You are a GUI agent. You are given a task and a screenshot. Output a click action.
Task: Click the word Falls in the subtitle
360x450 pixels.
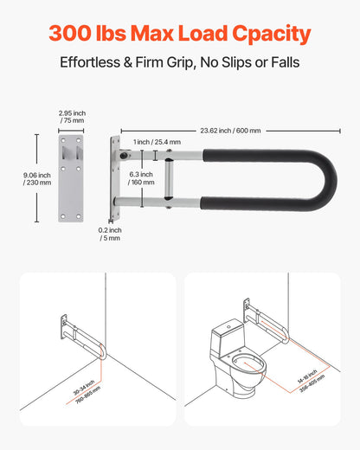coord(282,64)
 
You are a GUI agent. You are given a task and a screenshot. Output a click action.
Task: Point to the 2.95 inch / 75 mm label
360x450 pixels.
coord(72,117)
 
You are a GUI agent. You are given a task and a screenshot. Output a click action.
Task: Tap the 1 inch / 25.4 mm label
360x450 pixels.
coord(157,141)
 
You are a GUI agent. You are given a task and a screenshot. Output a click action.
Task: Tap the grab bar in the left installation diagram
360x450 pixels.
coord(81,337)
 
